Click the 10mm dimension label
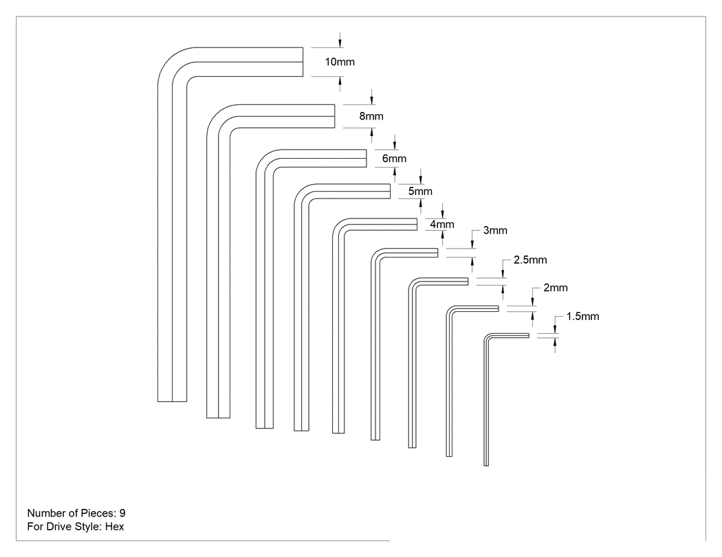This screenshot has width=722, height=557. [340, 62]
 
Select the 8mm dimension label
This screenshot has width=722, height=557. [371, 116]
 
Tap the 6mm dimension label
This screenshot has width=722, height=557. [394, 159]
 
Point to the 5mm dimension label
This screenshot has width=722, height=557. [420, 192]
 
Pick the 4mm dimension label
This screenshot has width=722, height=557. [442, 225]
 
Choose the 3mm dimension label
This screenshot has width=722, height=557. [495, 231]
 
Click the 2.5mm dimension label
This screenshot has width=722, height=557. [530, 260]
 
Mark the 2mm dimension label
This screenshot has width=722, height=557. [556, 288]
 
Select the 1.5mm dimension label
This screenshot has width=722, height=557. [582, 317]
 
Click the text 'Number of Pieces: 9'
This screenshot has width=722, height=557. [76, 513]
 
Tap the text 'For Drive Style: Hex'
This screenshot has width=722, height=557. [76, 527]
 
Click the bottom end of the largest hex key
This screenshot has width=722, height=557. [172, 401]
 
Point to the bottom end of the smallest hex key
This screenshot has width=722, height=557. [485, 466]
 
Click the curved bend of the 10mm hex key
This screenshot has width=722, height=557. [171, 60]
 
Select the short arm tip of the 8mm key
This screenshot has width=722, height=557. [334, 116]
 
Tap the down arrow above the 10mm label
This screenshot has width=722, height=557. [340, 40]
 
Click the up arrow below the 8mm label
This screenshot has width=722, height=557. [371, 135]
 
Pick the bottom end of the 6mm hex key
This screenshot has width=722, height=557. [264, 428]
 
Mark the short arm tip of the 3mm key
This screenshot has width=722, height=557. [437, 253]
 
